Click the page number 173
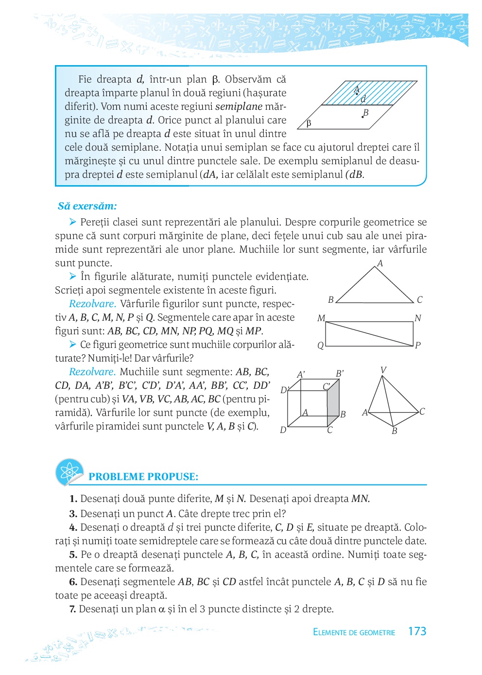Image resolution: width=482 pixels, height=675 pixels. tap(417, 631)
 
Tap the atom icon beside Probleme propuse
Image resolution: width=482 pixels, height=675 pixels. tap(69, 471)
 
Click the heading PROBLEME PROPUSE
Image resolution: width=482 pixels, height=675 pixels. tap(143, 477)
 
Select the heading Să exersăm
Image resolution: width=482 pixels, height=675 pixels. tap(87, 206)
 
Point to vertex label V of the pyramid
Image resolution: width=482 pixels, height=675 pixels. tap(383, 370)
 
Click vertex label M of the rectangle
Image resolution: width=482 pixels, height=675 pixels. tap(321, 318)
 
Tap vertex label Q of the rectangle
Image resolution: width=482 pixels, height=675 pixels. tap(320, 346)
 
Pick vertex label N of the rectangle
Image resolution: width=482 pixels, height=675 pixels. tap(417, 318)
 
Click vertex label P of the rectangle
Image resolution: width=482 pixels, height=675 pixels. tap(417, 345)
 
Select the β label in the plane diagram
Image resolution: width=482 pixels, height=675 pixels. tap(309, 123)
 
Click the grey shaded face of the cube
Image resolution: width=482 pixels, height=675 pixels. tap(333, 403)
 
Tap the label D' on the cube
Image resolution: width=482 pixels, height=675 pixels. tap(285, 390)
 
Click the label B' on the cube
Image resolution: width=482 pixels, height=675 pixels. tap(340, 374)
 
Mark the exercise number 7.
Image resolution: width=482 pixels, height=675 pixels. tap(72, 609)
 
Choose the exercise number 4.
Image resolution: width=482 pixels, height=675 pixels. tap(73, 528)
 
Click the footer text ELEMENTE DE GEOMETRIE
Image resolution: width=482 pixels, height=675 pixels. tap(354, 632)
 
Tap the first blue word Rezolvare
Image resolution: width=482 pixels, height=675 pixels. tap(92, 304)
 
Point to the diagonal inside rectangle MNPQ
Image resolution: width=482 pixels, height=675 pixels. tap(369, 334)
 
